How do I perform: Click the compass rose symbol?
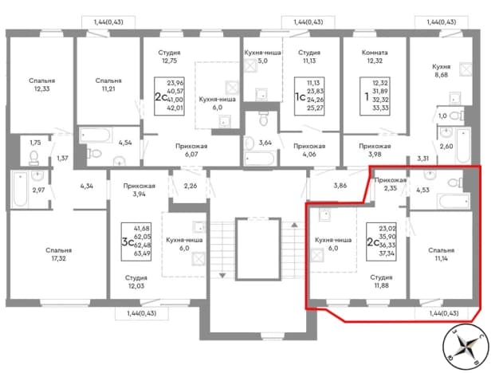tap(466, 345)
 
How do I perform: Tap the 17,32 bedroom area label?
tap(58, 254)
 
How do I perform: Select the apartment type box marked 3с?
tap(136, 241)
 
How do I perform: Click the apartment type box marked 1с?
tap(309, 96)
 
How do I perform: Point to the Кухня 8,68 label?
tap(441, 71)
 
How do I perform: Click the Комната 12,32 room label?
tap(375, 57)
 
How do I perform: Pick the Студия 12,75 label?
tap(169, 57)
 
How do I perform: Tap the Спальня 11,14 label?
tap(441, 254)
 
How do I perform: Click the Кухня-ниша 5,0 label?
tap(262, 57)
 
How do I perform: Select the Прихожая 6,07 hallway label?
tap(191, 150)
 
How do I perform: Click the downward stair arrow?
tap(222, 275)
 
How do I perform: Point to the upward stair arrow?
tap(294, 225)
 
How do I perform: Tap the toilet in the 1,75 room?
tap(33, 158)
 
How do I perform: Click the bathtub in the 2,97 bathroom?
tap(21, 190)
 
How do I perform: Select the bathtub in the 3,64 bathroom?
tap(259, 159)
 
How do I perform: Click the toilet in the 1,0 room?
tap(457, 116)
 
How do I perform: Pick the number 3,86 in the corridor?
tap(340, 185)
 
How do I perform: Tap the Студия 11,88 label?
tap(381, 281)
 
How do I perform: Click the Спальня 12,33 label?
tap(41, 84)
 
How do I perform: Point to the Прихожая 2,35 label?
tap(390, 184)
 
